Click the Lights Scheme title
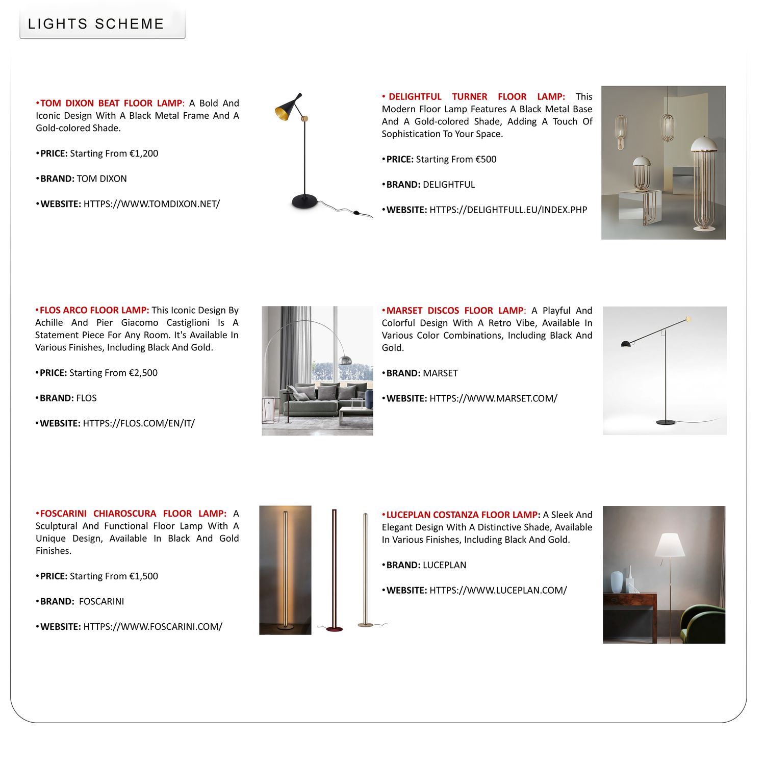pos(96,24)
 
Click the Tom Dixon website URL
pos(151,204)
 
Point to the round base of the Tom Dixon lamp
pos(304,201)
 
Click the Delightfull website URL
pos(508,210)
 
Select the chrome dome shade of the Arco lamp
pos(346,360)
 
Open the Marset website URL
pos(493,398)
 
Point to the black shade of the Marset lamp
pos(626,344)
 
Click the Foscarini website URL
pos(152,627)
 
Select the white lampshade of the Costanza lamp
pos(670,545)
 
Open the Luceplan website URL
pos(498,591)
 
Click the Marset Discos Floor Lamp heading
pos(454,311)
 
